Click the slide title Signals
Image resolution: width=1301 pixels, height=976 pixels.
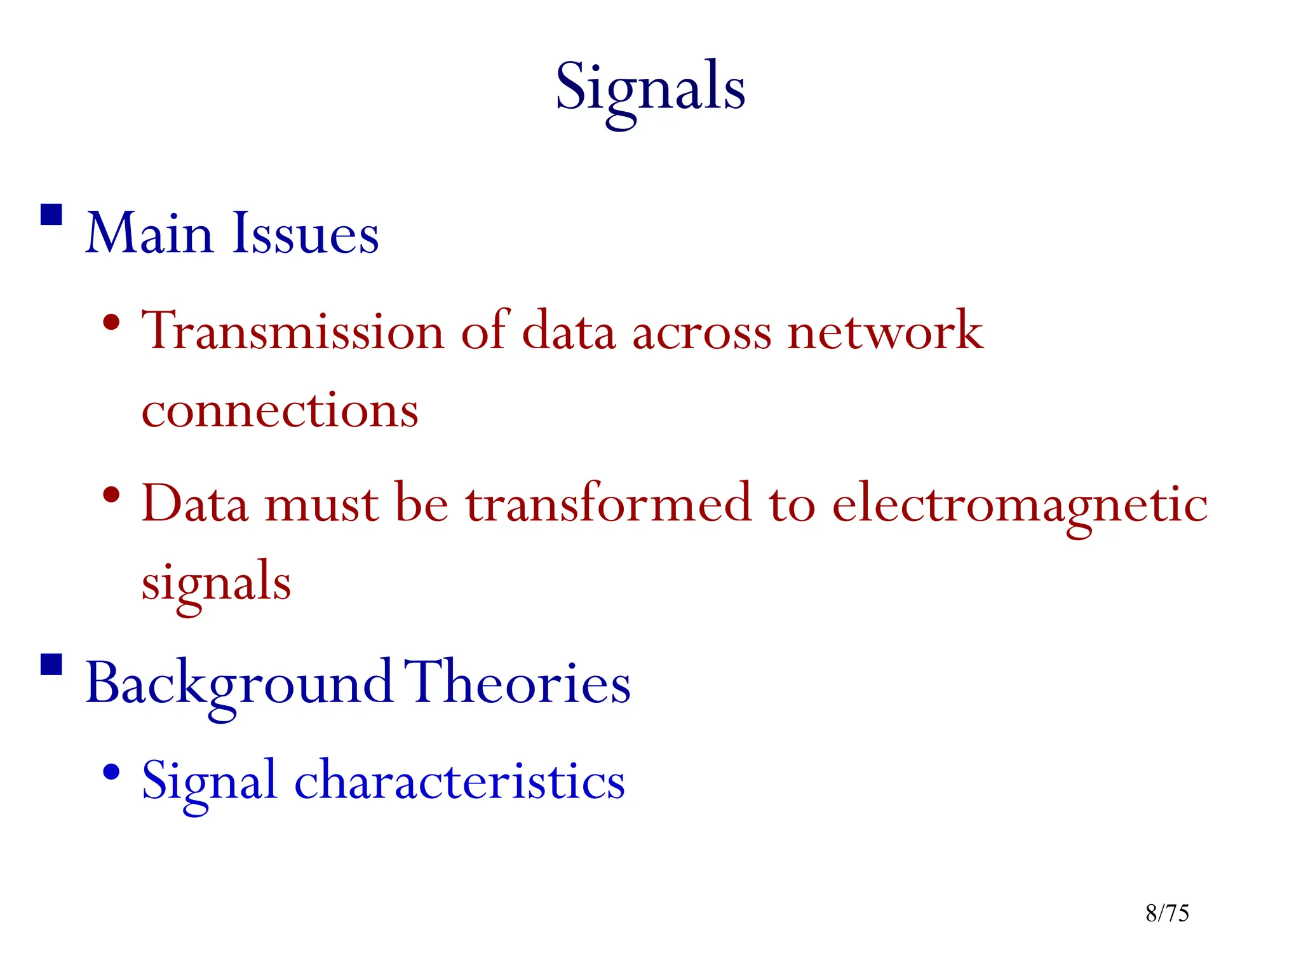point(650,89)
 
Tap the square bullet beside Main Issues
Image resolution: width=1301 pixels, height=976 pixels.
point(51,215)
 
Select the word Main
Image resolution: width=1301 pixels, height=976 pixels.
point(149,234)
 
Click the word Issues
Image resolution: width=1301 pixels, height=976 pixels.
point(306,234)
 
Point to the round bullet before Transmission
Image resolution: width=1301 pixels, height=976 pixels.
point(111,322)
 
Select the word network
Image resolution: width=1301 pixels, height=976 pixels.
point(886,332)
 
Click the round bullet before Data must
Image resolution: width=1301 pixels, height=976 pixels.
point(111,494)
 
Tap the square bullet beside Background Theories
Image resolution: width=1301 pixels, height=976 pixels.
point(51,665)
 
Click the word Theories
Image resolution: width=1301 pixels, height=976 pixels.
point(517,683)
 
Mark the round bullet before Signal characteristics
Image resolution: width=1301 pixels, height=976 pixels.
point(111,772)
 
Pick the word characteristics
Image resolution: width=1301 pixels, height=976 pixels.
point(460,780)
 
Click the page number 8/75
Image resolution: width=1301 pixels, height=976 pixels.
point(1167,914)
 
